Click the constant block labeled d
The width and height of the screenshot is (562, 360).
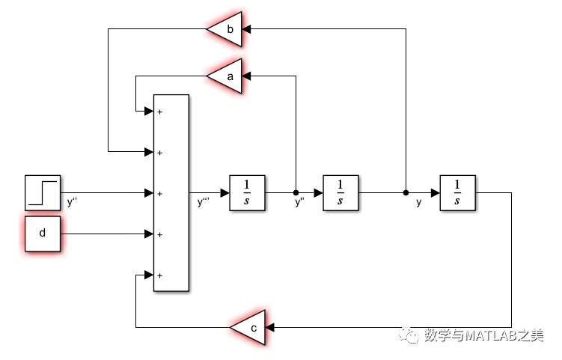coord(43,234)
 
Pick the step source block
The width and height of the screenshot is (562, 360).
coord(43,192)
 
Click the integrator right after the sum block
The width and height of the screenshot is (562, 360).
coord(248,193)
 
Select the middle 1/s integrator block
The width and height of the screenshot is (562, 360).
coord(340,193)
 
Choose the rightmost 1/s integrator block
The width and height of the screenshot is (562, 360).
coord(457,193)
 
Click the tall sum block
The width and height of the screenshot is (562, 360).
coord(171,193)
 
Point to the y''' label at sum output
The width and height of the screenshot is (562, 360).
coord(204,202)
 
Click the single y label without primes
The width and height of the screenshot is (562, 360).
coord(419,202)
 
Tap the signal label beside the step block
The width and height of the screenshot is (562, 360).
coord(73,202)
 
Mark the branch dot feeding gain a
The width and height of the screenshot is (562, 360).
coord(296,193)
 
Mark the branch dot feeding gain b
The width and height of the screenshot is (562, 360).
coord(406,193)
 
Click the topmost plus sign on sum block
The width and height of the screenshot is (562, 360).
coord(160,112)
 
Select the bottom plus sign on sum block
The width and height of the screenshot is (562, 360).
coord(160,275)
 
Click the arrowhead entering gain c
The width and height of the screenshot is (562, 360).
coord(270,328)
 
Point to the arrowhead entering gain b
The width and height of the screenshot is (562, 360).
coord(246,29)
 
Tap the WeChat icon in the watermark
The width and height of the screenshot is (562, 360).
coord(411,336)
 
